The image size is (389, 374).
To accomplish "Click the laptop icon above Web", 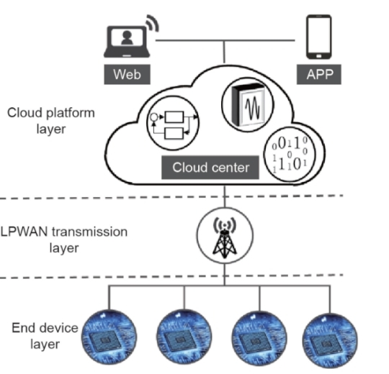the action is click(x=127, y=42).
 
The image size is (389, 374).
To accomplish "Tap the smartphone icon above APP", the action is click(x=319, y=37).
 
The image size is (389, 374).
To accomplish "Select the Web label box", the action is click(x=127, y=74).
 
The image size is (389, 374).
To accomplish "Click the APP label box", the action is click(x=319, y=74).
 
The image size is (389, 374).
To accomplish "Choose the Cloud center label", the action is click(x=210, y=168).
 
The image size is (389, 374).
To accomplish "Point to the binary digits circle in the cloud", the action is click(x=290, y=154).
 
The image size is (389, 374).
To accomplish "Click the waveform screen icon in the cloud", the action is click(x=248, y=104).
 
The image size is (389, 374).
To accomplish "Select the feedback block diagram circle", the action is click(x=173, y=123).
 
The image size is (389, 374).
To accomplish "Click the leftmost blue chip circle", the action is click(x=109, y=337).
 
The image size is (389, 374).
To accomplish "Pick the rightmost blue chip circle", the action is click(x=330, y=339).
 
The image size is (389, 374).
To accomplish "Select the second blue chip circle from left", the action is click(x=184, y=337).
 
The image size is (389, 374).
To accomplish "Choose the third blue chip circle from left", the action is click(x=259, y=338).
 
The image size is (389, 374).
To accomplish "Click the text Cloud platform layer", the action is click(x=51, y=121).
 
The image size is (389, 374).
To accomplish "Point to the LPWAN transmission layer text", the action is click(x=64, y=240).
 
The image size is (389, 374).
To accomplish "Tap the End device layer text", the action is click(x=45, y=336).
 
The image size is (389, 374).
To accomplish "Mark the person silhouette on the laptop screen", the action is click(x=127, y=37).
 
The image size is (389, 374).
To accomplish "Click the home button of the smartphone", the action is click(x=319, y=56).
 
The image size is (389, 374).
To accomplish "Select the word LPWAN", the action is click(x=24, y=232).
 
